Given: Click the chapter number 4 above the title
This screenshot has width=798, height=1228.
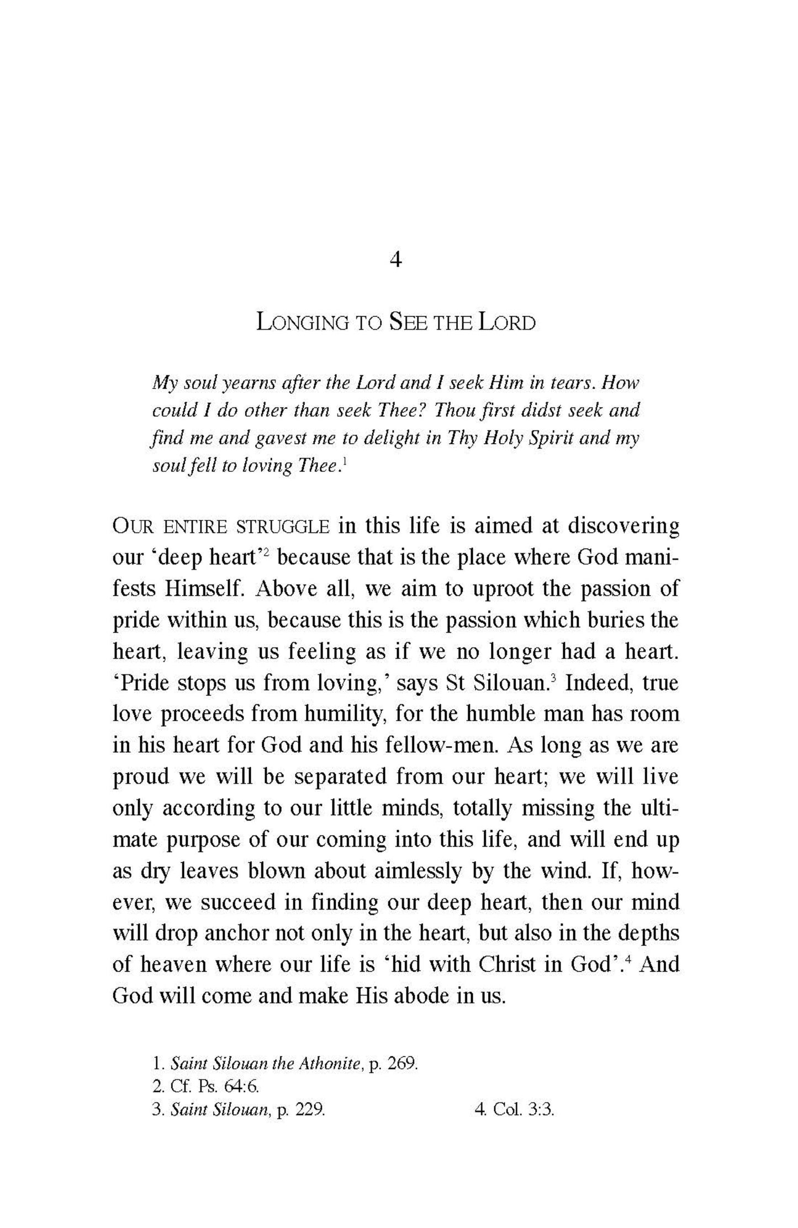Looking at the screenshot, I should pos(395,259).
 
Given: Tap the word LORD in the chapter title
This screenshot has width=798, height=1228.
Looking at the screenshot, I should pos(506,323).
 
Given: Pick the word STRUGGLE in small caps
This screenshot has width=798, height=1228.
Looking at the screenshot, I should pos(282,527).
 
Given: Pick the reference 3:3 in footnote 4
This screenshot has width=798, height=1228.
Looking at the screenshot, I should pos(541,1110).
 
